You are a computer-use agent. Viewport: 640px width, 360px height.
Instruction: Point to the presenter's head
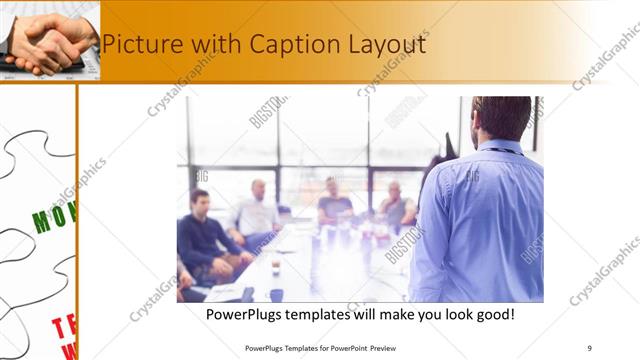[501, 117]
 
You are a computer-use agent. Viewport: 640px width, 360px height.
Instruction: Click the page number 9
[589, 348]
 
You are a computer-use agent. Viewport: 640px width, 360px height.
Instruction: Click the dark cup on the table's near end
[276, 294]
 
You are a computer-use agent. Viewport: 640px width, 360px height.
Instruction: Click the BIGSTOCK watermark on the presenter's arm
[405, 245]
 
